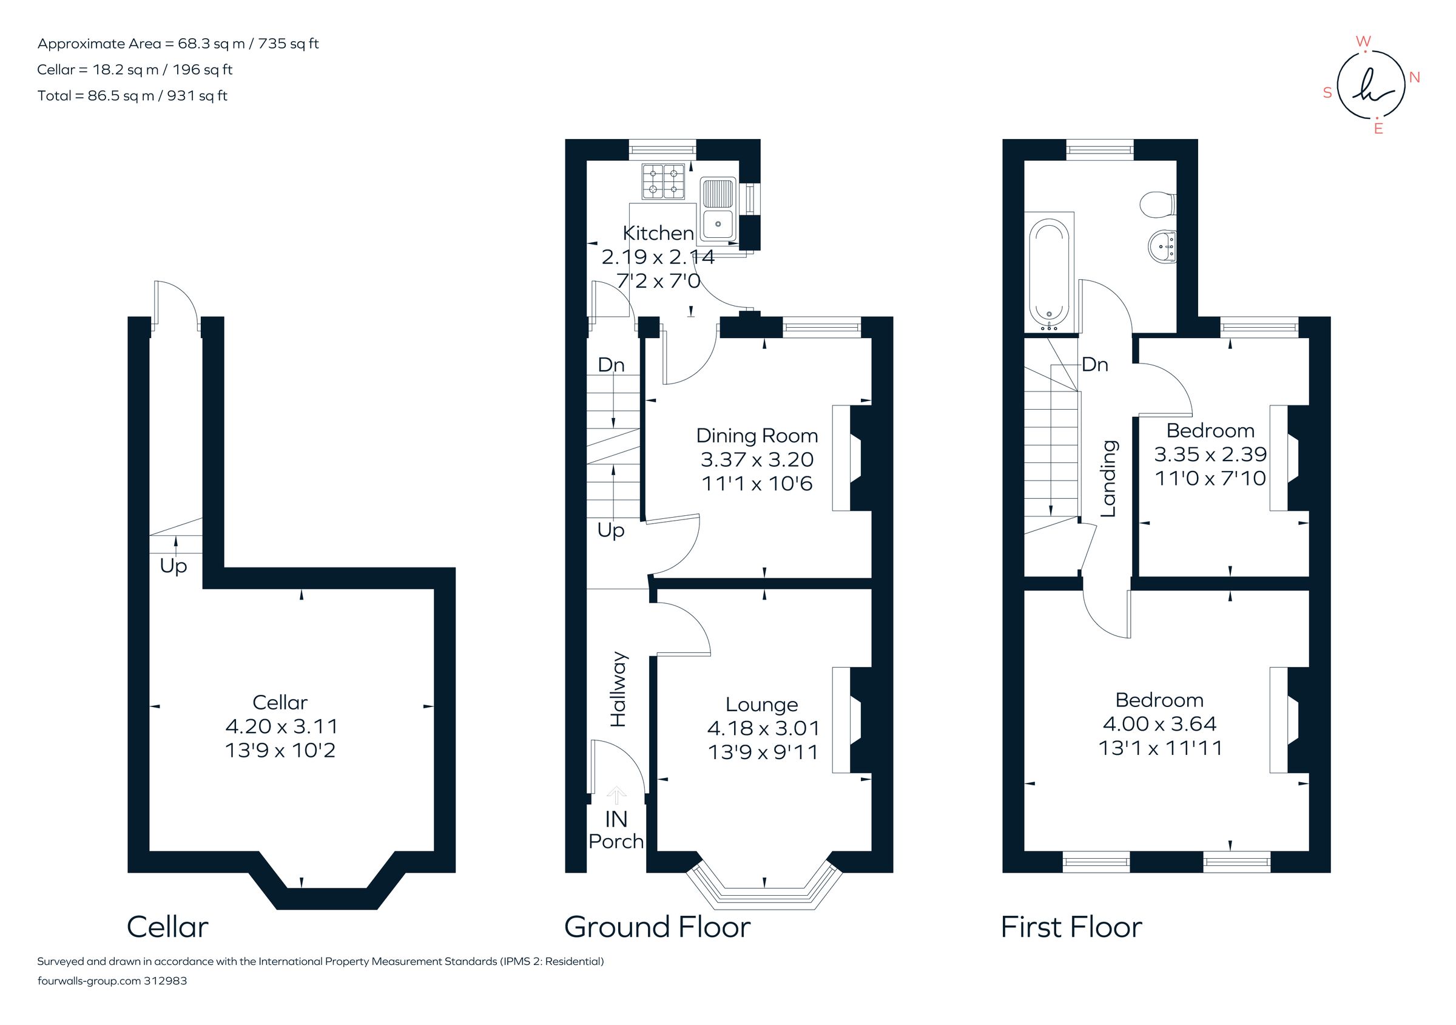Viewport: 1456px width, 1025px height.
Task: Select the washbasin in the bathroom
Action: [x=1162, y=245]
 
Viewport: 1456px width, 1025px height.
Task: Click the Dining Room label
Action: [x=757, y=436]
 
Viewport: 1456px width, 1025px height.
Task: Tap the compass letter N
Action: [x=1414, y=78]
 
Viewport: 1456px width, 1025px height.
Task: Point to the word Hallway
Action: [x=618, y=689]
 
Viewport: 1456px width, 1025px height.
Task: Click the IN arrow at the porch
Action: [x=616, y=795]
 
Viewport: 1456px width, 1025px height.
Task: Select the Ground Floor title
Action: [x=657, y=927]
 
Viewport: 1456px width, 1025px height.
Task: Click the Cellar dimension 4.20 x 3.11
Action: [x=281, y=726]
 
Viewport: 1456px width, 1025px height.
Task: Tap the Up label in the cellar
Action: [x=173, y=565]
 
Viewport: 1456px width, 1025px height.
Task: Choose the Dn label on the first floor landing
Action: [x=1094, y=364]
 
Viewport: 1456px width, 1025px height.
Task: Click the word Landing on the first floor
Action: [x=1108, y=479]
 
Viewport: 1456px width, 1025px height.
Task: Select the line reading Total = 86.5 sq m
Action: [x=132, y=96]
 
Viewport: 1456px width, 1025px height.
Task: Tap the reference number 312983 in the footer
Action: [x=166, y=981]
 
